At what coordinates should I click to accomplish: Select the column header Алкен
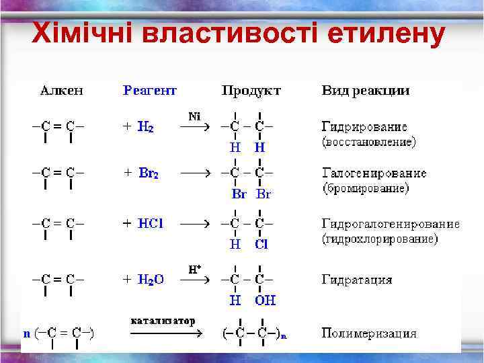click(62, 90)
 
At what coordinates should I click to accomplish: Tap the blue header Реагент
click(150, 90)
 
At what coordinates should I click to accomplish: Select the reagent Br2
click(149, 173)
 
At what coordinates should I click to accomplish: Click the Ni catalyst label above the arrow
click(194, 116)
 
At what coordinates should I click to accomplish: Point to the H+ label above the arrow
click(195, 269)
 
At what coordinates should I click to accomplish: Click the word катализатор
click(163, 321)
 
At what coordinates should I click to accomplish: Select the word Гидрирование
click(365, 127)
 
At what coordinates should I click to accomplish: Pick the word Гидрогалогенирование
click(391, 224)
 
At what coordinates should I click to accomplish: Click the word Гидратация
click(357, 280)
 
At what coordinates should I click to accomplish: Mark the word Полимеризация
click(369, 333)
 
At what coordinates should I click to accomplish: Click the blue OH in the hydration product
click(264, 300)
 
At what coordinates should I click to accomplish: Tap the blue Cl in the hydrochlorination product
click(261, 245)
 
